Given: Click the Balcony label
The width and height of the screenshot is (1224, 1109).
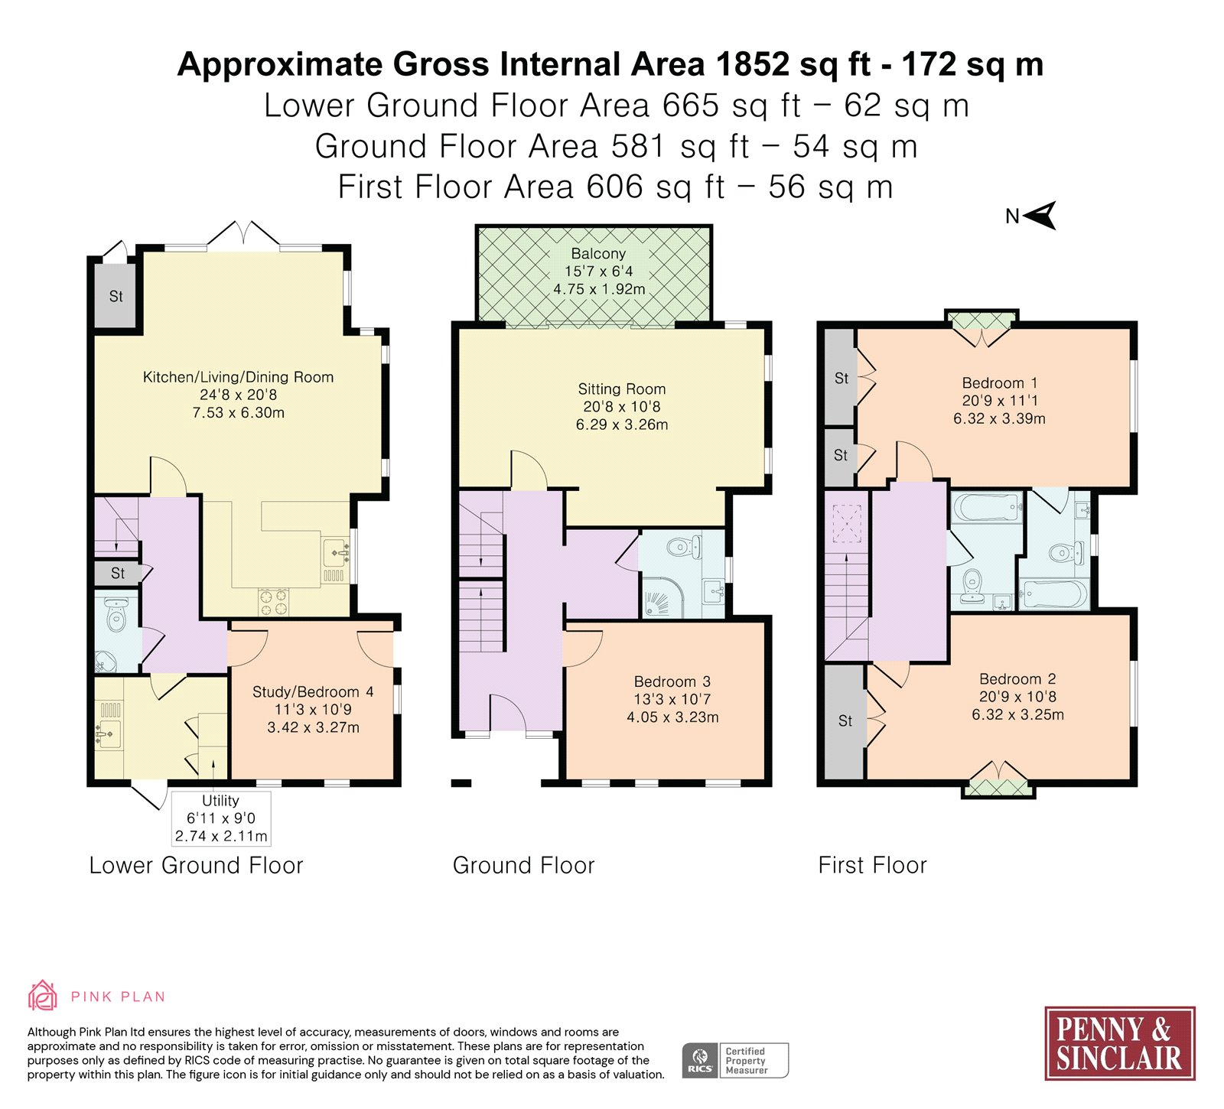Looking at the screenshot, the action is (x=598, y=253).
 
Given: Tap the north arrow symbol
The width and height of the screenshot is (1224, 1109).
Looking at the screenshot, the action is (x=1040, y=216).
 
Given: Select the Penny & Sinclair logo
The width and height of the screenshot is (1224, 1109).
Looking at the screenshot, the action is (x=1119, y=1043).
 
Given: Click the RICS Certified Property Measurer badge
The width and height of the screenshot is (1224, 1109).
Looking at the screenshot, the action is (x=734, y=1060).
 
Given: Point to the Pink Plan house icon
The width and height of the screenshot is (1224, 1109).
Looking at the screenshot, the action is (x=42, y=996).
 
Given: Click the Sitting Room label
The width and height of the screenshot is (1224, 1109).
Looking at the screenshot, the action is (x=621, y=389).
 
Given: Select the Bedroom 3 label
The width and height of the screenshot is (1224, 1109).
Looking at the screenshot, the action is (x=672, y=681).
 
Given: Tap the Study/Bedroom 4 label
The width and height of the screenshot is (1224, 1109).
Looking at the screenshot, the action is (x=313, y=692).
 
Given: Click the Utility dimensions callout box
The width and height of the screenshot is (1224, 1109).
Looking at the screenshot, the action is (x=220, y=818).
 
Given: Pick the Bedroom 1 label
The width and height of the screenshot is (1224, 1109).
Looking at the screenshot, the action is (x=999, y=383).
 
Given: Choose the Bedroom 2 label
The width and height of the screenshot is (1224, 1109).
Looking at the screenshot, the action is (x=1017, y=679).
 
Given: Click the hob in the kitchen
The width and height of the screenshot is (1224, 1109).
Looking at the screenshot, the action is (x=273, y=601).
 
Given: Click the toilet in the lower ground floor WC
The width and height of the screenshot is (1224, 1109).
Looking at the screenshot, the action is (x=116, y=614).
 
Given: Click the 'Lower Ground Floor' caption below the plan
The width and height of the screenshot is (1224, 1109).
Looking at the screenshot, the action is (x=196, y=865).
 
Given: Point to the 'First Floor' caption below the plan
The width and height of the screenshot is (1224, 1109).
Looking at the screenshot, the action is (x=872, y=865).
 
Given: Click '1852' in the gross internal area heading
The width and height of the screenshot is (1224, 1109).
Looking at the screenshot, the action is (x=753, y=64).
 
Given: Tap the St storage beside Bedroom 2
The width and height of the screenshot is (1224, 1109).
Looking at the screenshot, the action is (x=845, y=721).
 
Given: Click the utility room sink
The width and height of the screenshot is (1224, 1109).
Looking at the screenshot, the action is (x=108, y=733).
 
